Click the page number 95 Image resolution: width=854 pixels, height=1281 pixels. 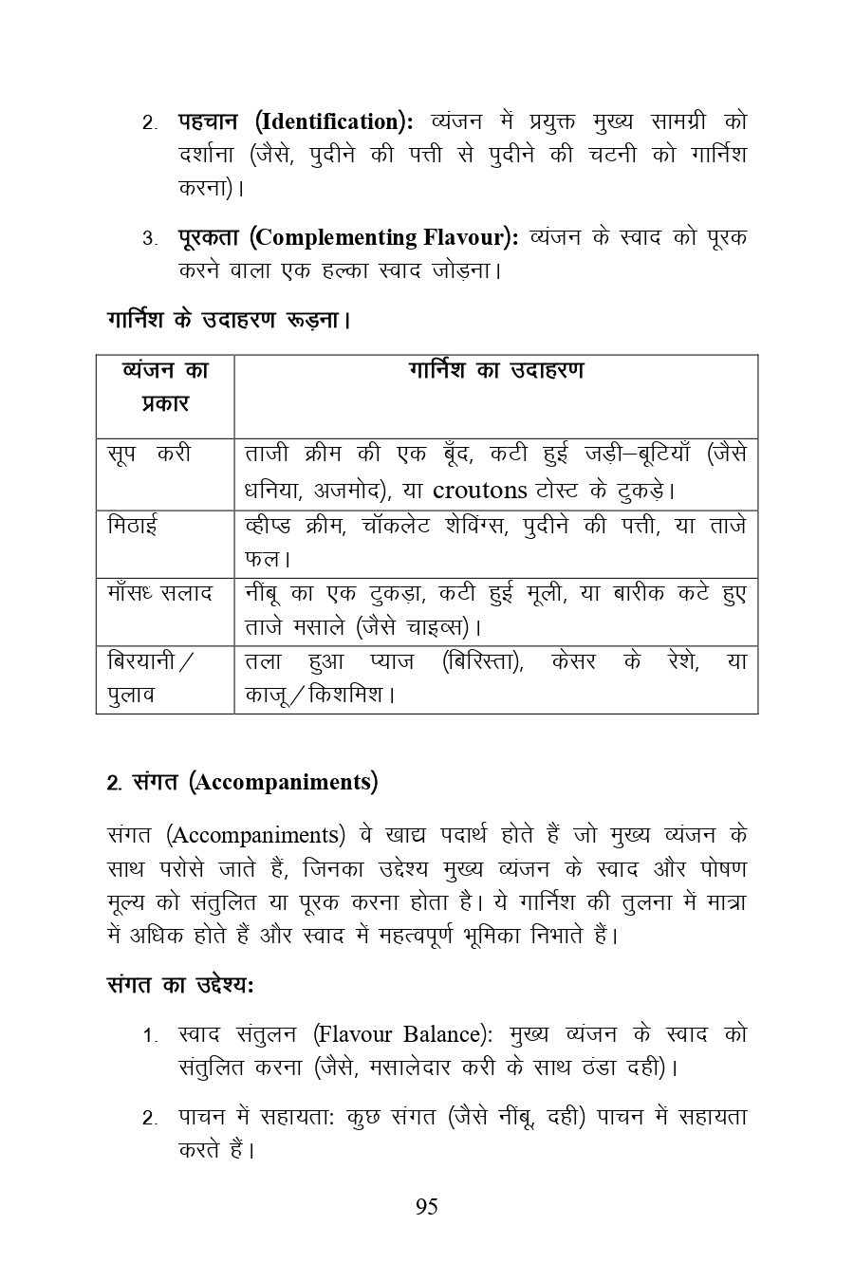coord(426,1207)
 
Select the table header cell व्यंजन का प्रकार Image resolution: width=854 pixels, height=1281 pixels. coord(165,386)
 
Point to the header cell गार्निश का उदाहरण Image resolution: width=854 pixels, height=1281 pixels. coord(496,370)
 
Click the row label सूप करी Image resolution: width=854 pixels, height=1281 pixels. coord(149,454)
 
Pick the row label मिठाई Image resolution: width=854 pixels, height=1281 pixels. coord(133,524)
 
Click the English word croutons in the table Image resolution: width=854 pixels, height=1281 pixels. coord(479,490)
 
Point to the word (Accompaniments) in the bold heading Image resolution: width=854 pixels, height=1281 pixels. coord(283,783)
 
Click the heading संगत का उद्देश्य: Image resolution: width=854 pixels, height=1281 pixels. coord(179,984)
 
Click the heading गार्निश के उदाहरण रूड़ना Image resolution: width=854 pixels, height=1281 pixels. coord(229,320)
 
